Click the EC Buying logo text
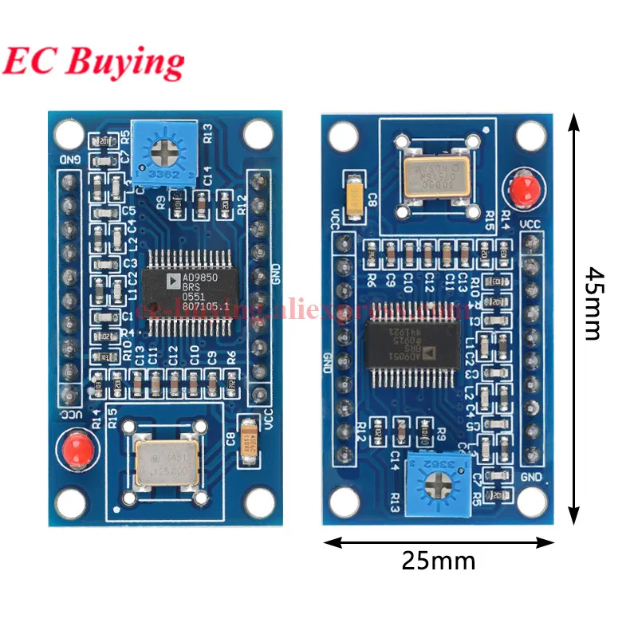pyautogui.click(x=94, y=61)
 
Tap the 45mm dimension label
pyautogui.click(x=591, y=303)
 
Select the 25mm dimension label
pyautogui.click(x=438, y=561)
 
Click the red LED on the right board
pyautogui.click(x=522, y=188)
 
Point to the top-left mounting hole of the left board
pyautogui.click(x=69, y=133)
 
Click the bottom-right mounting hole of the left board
pyautogui.click(x=260, y=502)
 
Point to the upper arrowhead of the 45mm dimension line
pyautogui.click(x=571, y=120)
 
